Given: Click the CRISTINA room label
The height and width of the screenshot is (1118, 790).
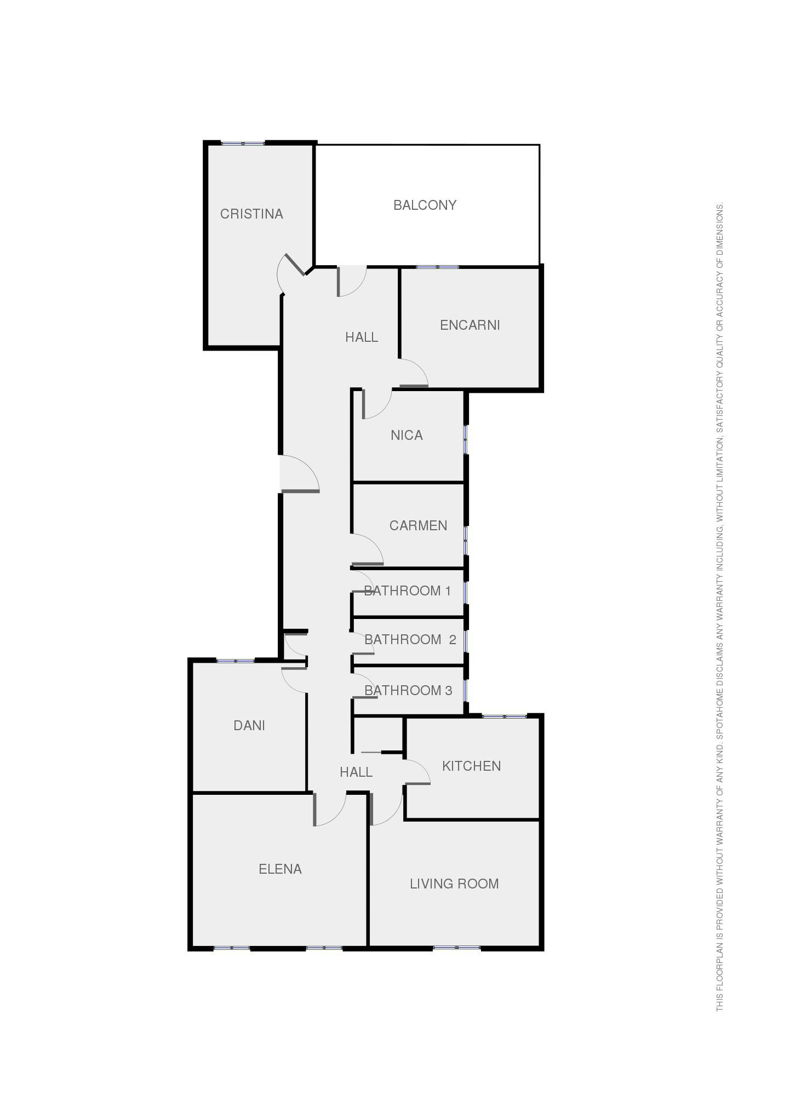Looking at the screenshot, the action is coord(251,214).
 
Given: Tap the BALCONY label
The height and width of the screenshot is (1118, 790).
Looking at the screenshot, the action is coord(425,205).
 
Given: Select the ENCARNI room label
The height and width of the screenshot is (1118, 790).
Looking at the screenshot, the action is coord(470,325).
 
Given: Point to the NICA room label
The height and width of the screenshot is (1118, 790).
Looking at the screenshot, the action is coord(407,435).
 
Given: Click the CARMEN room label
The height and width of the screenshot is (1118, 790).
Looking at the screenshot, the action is coord(418,526).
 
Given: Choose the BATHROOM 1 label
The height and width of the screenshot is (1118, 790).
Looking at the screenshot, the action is coord(408,590).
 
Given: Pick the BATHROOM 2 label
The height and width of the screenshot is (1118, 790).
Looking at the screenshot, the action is coord(410,639).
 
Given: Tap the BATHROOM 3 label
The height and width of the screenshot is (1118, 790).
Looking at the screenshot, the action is coord(409,690).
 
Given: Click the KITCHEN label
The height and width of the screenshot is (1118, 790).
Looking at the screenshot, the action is coord(472,766).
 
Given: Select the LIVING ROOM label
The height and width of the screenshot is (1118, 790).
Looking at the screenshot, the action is coord(454,884).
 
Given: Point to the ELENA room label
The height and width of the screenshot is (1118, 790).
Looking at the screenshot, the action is coord(280,869).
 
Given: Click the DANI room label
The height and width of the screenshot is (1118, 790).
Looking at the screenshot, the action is coord(249,725).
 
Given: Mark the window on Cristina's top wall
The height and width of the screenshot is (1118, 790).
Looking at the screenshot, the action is coord(243,144).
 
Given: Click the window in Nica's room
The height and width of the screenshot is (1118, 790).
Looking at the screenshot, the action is coord(466,439).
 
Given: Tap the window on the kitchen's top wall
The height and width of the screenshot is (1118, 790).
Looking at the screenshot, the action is coord(504,716).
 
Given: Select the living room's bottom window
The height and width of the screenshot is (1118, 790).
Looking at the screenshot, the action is coord(456,948).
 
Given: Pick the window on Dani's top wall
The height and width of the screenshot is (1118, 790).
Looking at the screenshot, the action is coord(236,661).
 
